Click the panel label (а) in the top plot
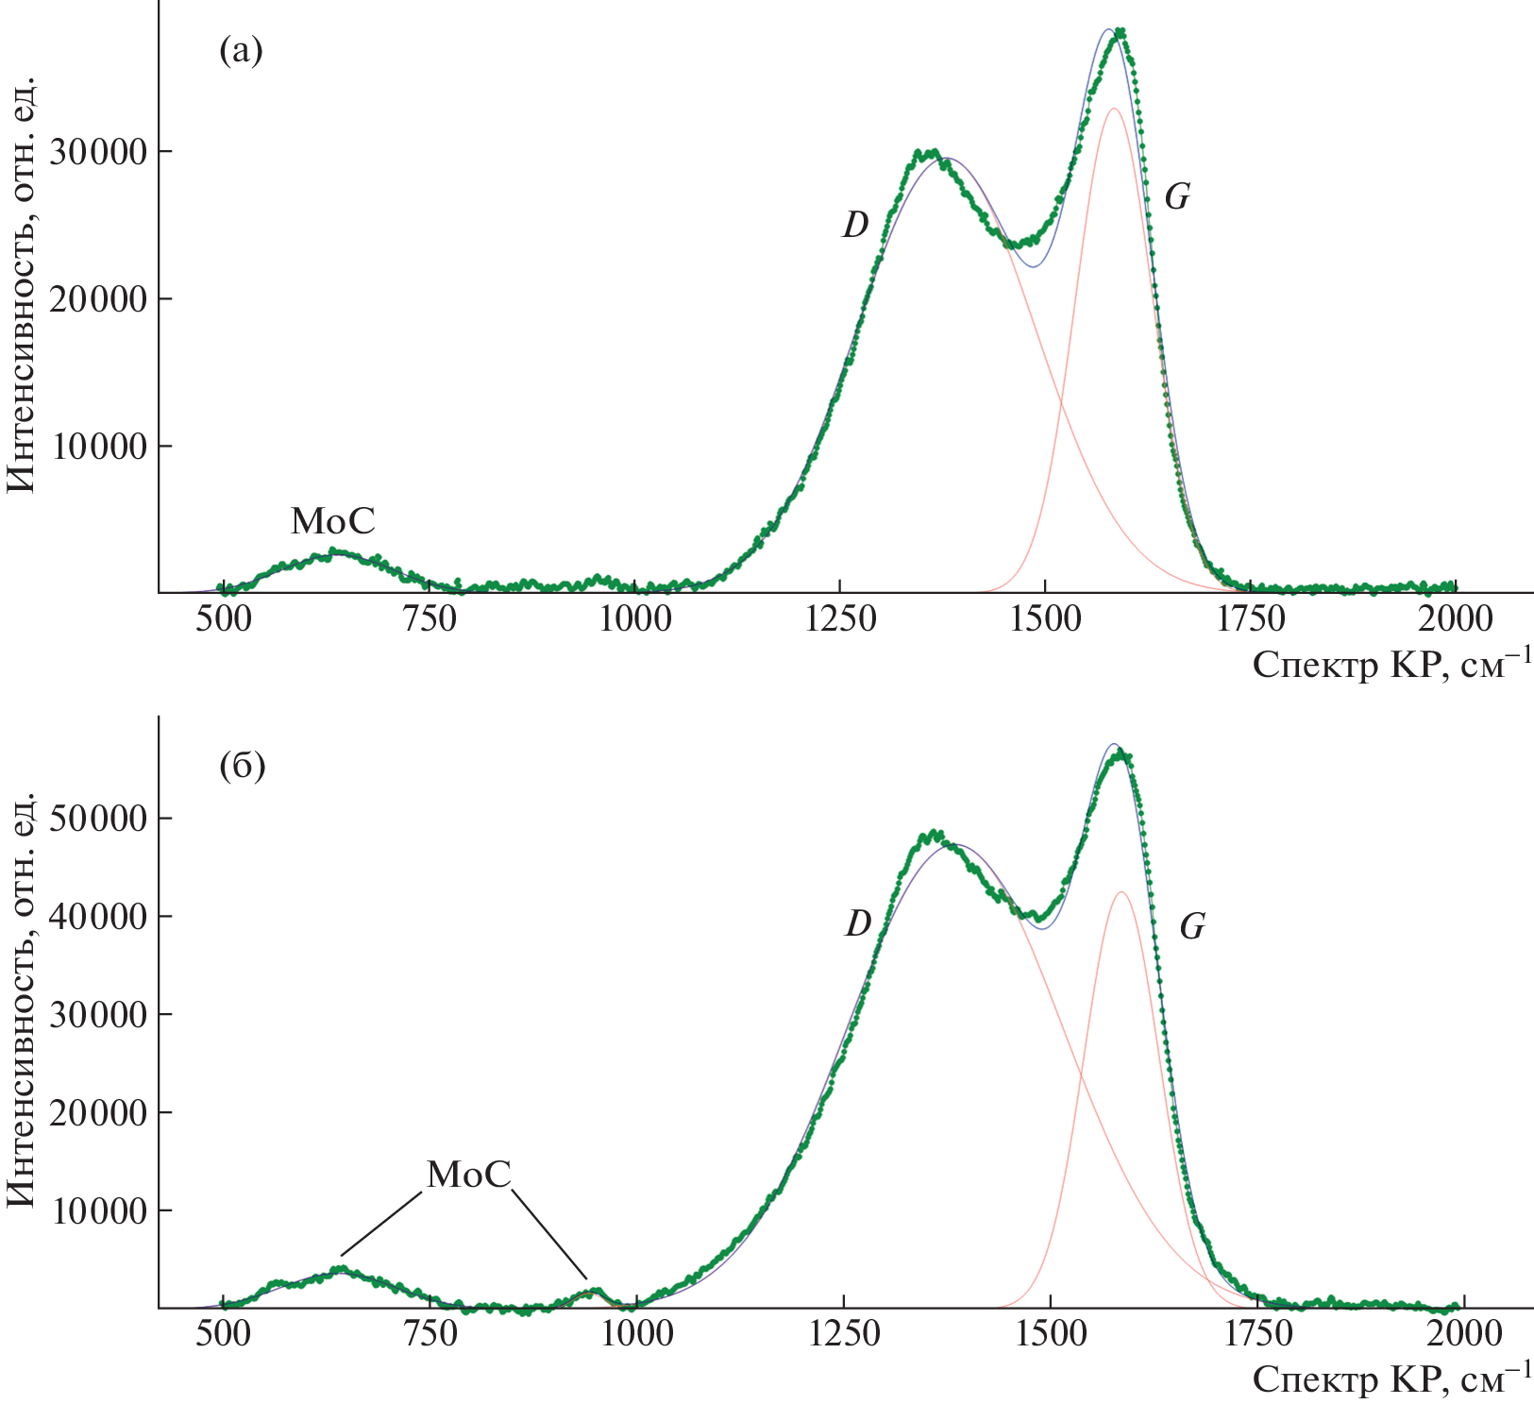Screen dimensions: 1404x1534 tap(241, 51)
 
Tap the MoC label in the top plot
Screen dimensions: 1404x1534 tap(332, 520)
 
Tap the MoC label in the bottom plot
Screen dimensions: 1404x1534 tap(468, 1175)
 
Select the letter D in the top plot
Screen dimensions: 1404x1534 tap(855, 225)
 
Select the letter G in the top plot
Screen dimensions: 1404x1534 tap(1176, 197)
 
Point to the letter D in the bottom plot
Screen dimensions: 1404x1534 tap(857, 923)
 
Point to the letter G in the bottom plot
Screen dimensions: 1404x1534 tap(1192, 927)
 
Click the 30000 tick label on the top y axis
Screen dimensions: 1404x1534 tap(100, 152)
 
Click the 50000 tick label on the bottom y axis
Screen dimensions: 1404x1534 tap(100, 819)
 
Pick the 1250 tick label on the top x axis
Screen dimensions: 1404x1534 tap(839, 619)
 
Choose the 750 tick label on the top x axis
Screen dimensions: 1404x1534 tap(429, 619)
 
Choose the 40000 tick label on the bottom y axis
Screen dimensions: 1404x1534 tap(100, 917)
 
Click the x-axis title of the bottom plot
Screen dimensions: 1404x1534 tap(1391, 1379)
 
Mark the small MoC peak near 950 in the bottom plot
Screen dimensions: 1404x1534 tap(593, 1291)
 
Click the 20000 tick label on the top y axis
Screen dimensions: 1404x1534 tap(100, 299)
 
